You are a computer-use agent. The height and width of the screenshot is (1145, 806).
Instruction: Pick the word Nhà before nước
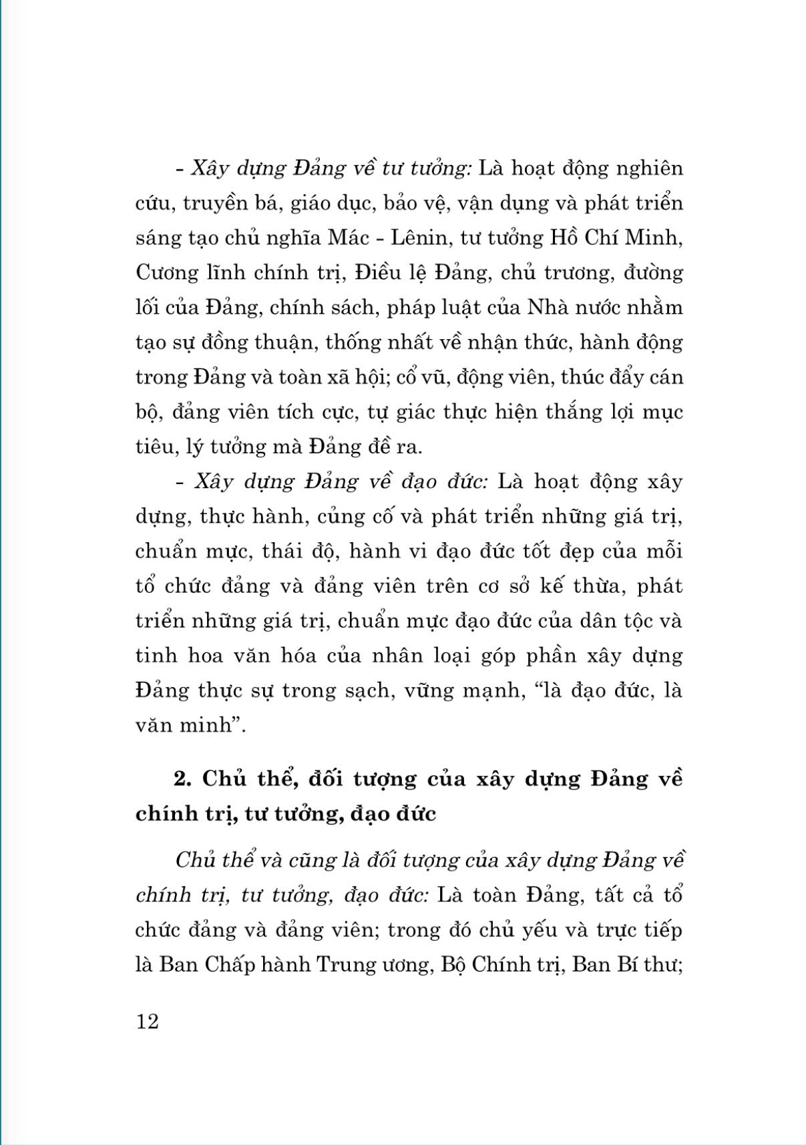click(x=547, y=307)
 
